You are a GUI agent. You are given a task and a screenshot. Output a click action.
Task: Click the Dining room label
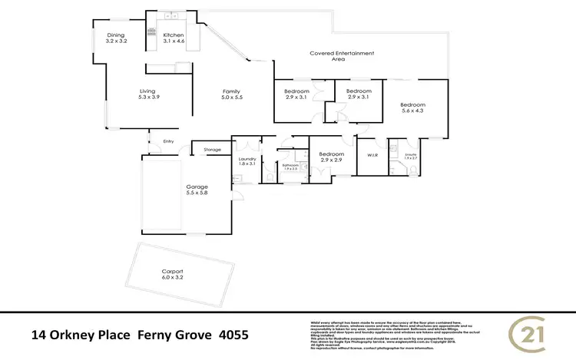(x=116, y=38)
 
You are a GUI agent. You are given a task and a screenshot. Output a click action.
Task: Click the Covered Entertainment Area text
(x=342, y=56)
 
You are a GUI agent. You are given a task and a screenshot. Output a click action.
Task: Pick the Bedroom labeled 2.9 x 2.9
(x=331, y=157)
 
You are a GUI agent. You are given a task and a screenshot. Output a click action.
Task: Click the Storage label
(x=212, y=148)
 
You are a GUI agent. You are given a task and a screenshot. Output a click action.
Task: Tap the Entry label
(x=169, y=140)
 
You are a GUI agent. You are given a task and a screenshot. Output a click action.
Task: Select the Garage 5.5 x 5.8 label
(x=197, y=190)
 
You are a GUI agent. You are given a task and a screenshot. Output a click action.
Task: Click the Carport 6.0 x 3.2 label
(x=172, y=275)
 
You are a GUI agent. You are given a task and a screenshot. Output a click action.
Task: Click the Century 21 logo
(x=530, y=333)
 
